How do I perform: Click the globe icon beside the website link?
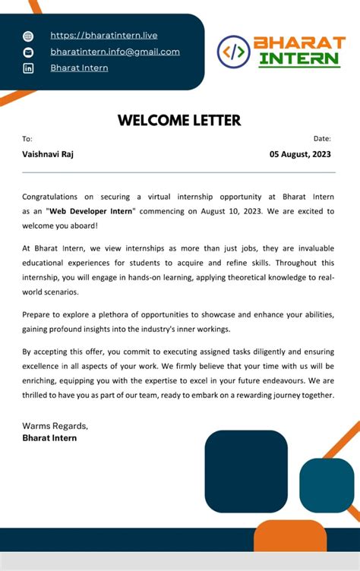[x=28, y=36]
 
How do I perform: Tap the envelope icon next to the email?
[x=28, y=52]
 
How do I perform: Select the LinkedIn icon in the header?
[x=28, y=68]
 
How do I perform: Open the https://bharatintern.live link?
[x=104, y=36]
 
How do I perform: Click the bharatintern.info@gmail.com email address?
[x=115, y=52]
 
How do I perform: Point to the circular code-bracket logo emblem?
[x=233, y=51]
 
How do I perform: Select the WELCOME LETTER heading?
[x=179, y=120]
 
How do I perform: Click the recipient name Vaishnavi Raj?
[x=48, y=154]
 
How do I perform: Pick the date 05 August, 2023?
[x=300, y=154]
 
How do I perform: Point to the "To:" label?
[x=27, y=139]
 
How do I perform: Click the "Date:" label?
[x=322, y=139]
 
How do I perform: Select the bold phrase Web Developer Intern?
[x=90, y=210]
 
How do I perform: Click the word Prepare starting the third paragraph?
[x=39, y=314]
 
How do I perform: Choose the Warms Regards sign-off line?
[x=55, y=426]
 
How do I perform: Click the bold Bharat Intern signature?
[x=49, y=438]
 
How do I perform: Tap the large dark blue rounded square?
[x=246, y=471]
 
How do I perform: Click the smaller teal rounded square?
[x=327, y=484]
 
